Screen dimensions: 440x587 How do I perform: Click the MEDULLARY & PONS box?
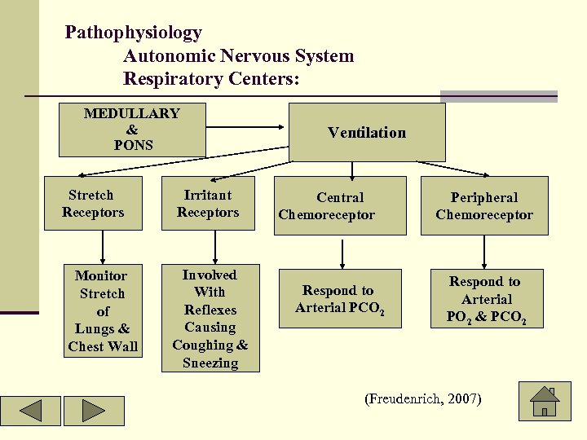(132, 130)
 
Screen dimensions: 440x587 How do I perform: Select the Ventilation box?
(367, 132)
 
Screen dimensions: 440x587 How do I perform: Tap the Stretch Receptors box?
(96, 204)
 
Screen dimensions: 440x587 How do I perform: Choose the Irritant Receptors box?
(208, 204)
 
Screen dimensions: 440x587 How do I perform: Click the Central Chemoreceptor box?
(339, 206)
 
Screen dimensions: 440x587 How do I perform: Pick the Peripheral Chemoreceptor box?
(484, 206)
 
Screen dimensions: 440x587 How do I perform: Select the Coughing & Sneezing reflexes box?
(210, 319)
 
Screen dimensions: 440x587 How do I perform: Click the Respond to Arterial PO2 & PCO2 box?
(485, 299)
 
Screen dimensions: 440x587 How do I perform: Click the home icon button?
(545, 402)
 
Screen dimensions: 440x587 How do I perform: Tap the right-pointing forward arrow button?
(94, 411)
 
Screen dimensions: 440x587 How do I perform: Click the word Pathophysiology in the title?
(133, 33)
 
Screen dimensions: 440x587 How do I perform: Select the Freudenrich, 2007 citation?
(424, 399)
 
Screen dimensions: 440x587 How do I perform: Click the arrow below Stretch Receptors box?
(102, 246)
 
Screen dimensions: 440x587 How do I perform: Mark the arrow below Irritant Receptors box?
(215, 246)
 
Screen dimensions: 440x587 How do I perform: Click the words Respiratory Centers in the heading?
(211, 80)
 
